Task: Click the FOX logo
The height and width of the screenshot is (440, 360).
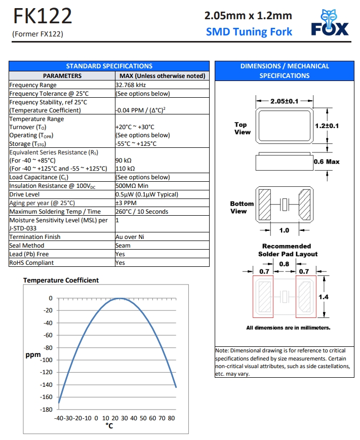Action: pyautogui.click(x=330, y=23)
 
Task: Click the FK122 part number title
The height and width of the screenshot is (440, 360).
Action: pyautogui.click(x=42, y=17)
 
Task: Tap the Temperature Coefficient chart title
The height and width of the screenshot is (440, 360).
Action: pyautogui.click(x=61, y=280)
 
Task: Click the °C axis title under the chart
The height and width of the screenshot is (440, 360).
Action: pyautogui.click(x=109, y=426)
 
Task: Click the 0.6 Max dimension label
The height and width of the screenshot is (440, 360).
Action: pyautogui.click(x=327, y=162)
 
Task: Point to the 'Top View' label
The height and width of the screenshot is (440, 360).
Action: pyautogui.click(x=242, y=128)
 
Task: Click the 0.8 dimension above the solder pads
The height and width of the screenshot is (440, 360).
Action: pyautogui.click(x=284, y=264)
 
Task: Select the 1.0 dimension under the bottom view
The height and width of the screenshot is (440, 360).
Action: pyautogui.click(x=284, y=231)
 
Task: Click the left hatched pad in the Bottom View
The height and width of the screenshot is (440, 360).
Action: pyautogui.click(x=265, y=205)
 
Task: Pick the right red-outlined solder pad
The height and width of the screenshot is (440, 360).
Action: pyautogui.click(x=306, y=296)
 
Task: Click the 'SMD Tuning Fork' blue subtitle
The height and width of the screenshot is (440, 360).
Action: pyautogui.click(x=249, y=32)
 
